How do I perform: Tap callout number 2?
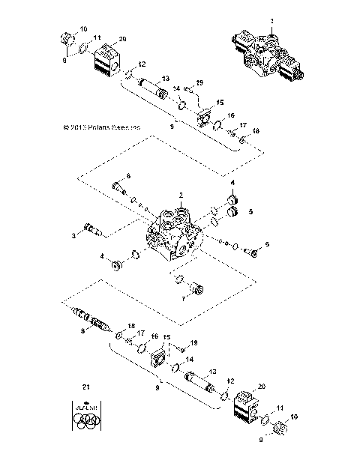[180, 196]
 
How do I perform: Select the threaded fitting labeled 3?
[91, 229]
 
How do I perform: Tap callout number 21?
[85, 387]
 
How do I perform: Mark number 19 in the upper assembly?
[199, 82]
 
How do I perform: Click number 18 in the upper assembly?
[256, 130]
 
